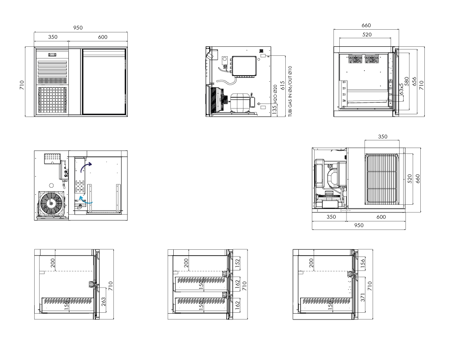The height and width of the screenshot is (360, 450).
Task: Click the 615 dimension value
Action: [x=283, y=85]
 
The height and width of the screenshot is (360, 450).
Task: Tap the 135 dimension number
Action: [x=274, y=109]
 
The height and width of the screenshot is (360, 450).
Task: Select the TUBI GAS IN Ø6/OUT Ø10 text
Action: [x=290, y=91]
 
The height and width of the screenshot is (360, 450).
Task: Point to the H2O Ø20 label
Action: [x=275, y=94]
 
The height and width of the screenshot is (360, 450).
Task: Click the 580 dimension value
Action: [x=407, y=81]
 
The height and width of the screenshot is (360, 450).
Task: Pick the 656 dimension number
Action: [x=414, y=81]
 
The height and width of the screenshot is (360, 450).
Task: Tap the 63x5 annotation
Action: [x=401, y=89]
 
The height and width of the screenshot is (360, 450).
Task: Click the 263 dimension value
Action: [x=103, y=301]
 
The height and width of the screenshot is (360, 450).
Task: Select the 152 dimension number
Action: [x=237, y=263]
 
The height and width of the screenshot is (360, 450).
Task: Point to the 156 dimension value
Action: [x=362, y=263]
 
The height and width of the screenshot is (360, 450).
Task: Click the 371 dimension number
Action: [x=362, y=297]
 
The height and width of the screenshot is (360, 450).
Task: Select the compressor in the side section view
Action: [x=240, y=102]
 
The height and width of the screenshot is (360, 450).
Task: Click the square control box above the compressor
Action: [x=244, y=66]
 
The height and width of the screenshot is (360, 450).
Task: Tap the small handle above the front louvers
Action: [x=52, y=54]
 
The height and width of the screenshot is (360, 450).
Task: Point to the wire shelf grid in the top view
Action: [x=382, y=179]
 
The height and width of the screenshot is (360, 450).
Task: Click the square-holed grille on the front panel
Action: [x=53, y=100]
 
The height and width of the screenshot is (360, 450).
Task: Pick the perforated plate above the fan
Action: [x=52, y=158]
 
